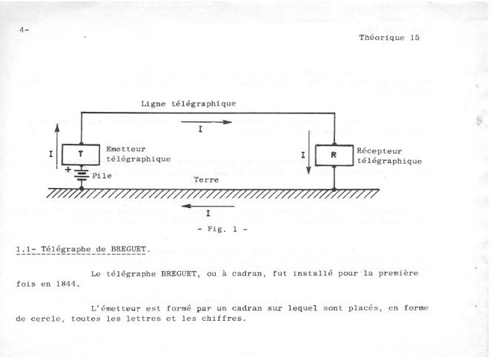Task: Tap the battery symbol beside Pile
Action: [82, 175]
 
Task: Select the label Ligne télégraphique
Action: [188, 104]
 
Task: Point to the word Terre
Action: [206, 180]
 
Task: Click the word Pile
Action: [102, 176]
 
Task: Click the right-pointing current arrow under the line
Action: [207, 122]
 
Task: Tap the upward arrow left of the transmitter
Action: [57, 147]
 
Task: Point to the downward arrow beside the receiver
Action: [308, 152]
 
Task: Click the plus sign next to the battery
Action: [68, 170]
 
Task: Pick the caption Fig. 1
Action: [222, 230]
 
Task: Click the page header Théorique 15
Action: [389, 38]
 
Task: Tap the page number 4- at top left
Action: [24, 30]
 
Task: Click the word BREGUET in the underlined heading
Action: [128, 250]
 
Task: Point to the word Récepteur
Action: [379, 151]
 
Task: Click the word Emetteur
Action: [126, 149]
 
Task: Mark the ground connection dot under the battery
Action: [82, 188]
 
